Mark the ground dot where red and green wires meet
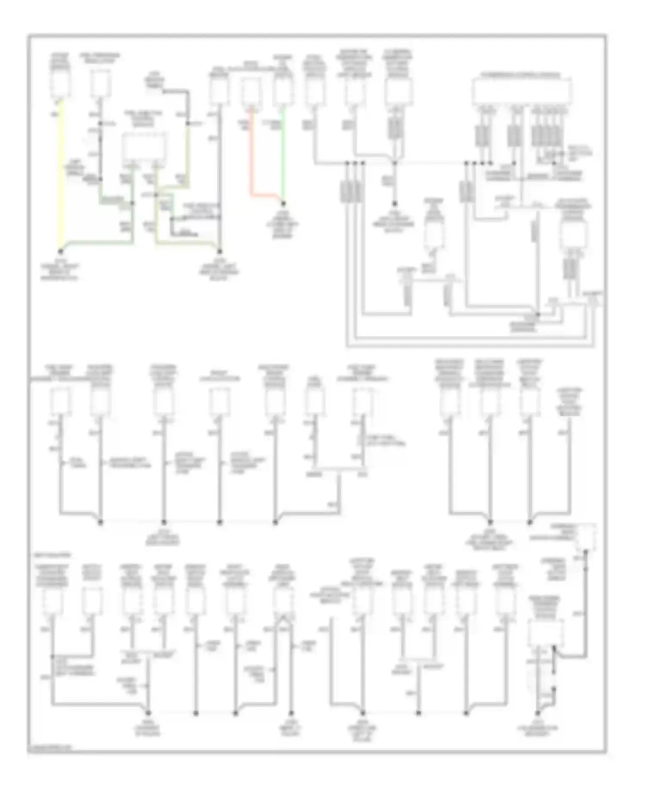[283, 203]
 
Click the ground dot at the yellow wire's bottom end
[61, 251]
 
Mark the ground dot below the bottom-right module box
[538, 713]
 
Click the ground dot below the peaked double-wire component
[291, 713]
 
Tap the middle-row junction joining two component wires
[339, 468]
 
